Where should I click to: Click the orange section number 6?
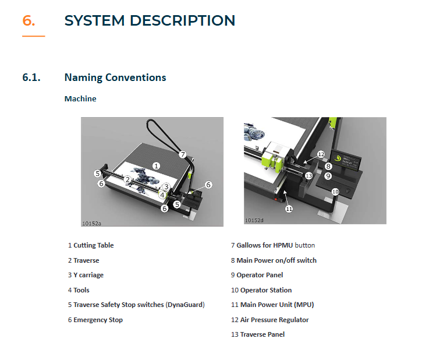click(x=29, y=20)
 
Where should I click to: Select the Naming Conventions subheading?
click(x=115, y=77)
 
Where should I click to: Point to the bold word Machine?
click(x=80, y=98)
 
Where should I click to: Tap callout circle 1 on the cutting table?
click(x=156, y=165)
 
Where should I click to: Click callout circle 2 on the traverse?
click(x=126, y=179)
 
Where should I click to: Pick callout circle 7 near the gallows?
click(x=182, y=154)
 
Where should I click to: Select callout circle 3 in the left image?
click(x=166, y=186)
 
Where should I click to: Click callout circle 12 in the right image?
click(x=321, y=154)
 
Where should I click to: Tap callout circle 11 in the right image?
click(x=289, y=208)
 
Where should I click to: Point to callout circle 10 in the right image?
click(x=335, y=191)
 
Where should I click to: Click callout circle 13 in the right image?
click(x=308, y=175)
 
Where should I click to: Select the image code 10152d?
click(x=254, y=220)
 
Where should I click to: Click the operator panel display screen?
click(x=349, y=160)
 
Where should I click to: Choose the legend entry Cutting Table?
click(x=93, y=245)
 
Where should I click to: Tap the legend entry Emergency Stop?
click(x=98, y=320)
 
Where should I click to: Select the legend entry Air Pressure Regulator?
click(x=274, y=320)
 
